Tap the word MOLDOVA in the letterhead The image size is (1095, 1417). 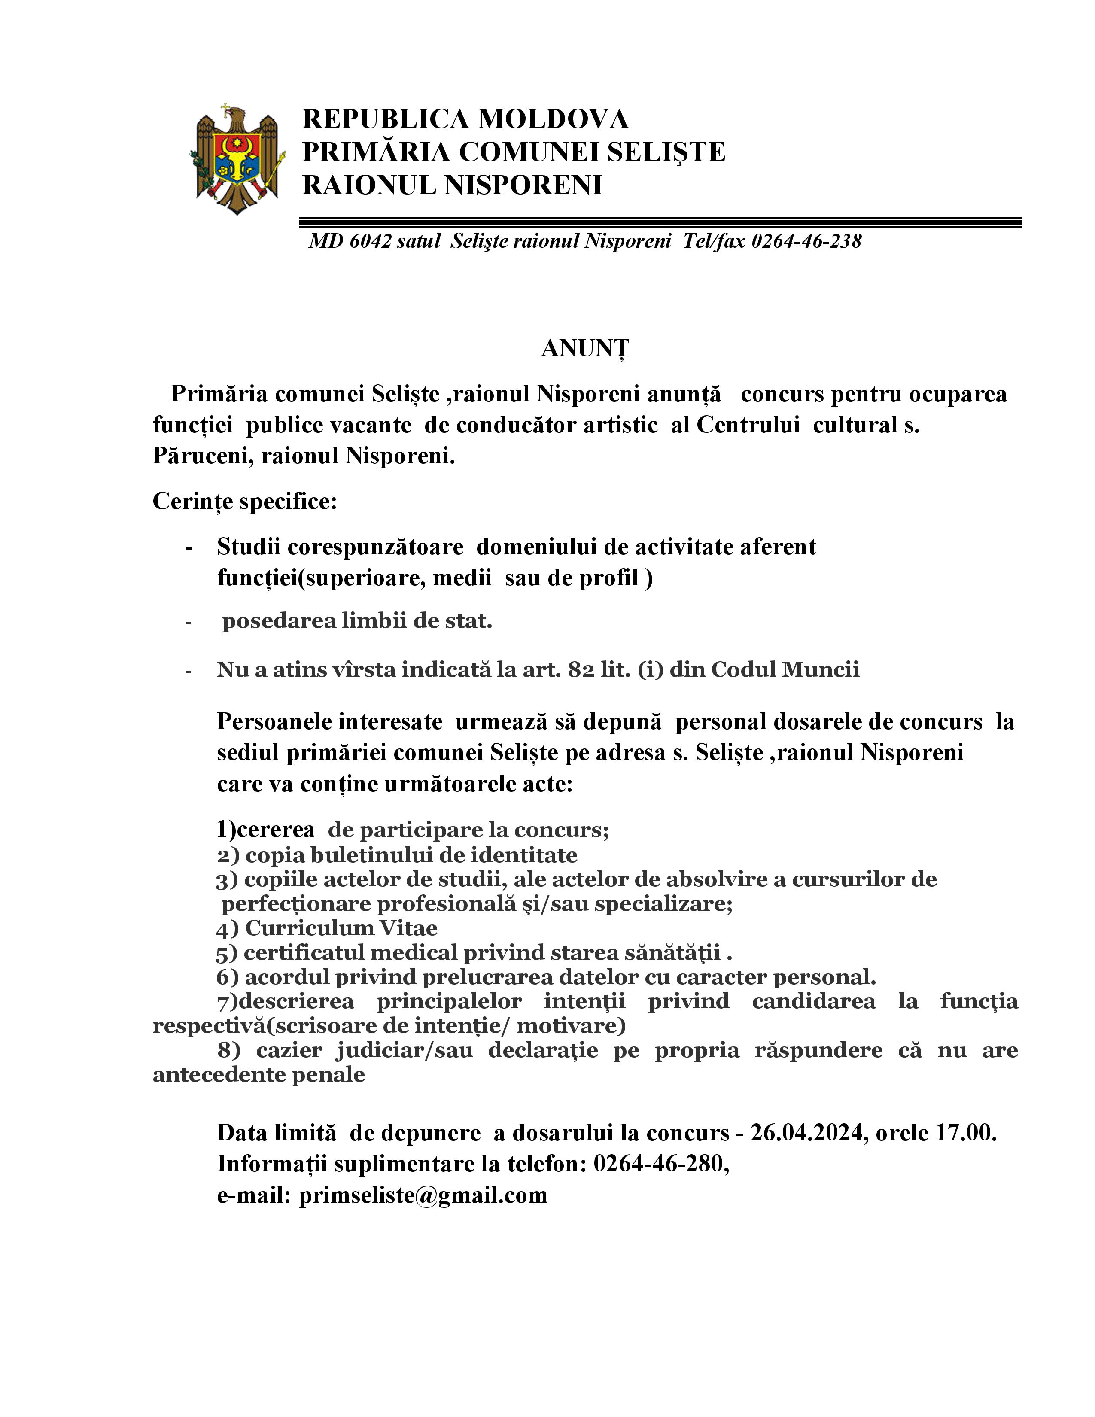tap(554, 119)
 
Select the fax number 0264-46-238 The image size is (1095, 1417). tap(806, 241)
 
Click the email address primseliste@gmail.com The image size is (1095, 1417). tap(423, 1195)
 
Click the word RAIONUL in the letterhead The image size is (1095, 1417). tap(368, 185)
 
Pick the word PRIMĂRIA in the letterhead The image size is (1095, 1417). tap(376, 152)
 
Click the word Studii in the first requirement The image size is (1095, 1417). tap(249, 547)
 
